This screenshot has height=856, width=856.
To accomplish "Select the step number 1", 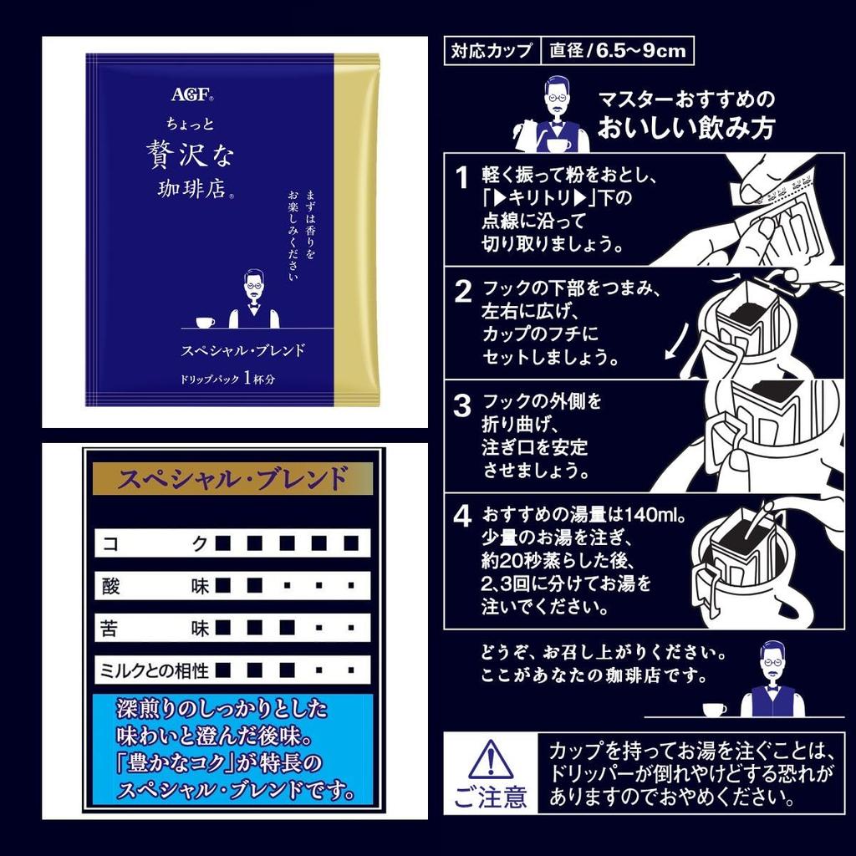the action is [461, 177].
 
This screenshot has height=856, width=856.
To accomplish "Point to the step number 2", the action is [463, 292].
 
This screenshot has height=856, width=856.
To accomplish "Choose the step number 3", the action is [462, 405].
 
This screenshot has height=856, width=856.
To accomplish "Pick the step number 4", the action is [462, 516].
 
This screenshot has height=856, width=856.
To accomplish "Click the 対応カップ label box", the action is [492, 51].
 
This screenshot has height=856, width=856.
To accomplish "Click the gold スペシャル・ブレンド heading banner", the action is [232, 479].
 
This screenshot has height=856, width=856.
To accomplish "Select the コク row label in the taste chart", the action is [154, 543].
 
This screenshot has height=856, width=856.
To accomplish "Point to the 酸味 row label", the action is [155, 586].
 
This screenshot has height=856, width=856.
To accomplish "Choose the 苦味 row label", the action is [155, 628].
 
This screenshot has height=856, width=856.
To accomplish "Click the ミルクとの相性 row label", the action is [155, 670].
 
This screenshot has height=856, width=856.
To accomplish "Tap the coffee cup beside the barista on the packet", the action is [205, 323].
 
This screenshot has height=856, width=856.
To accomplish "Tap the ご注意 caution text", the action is [490, 797].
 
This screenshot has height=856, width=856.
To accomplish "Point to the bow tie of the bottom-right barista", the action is [772, 689].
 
